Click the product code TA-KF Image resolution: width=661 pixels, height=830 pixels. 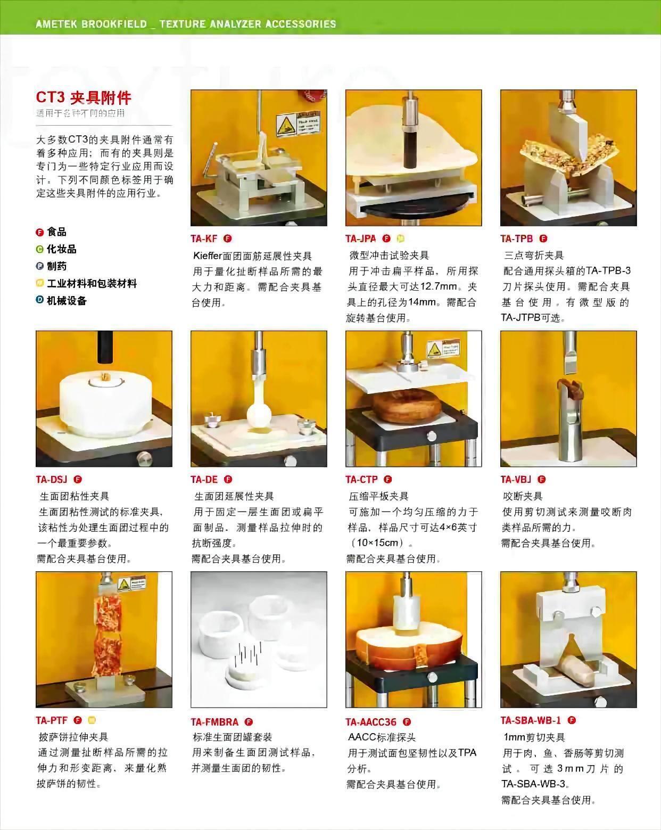coord(204,239)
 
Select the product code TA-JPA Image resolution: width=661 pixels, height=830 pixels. coord(360,239)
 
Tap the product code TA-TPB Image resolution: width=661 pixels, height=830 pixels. coord(516,239)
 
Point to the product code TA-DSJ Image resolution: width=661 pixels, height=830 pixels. coord(51,479)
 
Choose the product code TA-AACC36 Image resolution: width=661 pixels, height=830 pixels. coord(370,722)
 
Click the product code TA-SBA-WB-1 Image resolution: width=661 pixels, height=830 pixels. coord(530,720)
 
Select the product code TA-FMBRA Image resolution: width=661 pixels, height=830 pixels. coord(214,722)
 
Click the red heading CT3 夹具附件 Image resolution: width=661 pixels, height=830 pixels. coord(84,97)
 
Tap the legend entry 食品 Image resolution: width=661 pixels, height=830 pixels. coord(56,232)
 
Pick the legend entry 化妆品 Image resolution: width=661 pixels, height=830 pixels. coord(61,249)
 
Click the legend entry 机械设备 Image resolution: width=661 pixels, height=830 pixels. coord(67,300)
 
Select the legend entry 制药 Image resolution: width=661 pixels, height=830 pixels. coord(56,266)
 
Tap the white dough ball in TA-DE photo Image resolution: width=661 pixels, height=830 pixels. coord(259,415)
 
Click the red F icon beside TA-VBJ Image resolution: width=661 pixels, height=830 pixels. coord(541,479)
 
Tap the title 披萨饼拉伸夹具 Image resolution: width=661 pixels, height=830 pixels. coord(73,737)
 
